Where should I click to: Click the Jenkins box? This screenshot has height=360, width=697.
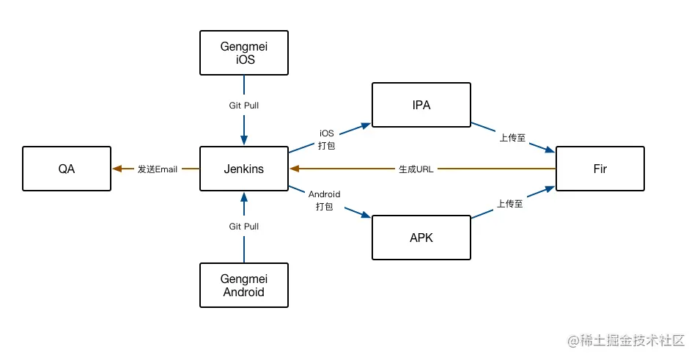click(244, 169)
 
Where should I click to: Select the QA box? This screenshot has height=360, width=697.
click(67, 169)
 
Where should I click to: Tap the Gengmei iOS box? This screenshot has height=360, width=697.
click(244, 53)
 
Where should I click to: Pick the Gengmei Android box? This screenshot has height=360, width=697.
click(244, 285)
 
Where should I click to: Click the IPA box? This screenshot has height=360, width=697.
click(421, 105)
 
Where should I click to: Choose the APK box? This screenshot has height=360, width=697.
click(421, 237)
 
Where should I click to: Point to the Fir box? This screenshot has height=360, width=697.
click(600, 169)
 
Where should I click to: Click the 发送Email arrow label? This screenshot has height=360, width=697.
click(158, 169)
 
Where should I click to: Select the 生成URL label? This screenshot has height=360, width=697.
click(416, 169)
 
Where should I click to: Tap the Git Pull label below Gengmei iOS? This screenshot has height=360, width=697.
click(244, 106)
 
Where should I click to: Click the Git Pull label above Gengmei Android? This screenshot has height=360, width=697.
click(244, 227)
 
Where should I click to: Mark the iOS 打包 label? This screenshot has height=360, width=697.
click(327, 139)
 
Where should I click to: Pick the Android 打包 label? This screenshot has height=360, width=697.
click(324, 200)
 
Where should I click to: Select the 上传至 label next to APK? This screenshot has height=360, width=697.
click(509, 205)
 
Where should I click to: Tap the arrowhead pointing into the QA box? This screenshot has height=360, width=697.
click(117, 169)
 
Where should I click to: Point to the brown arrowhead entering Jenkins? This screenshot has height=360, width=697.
click(295, 169)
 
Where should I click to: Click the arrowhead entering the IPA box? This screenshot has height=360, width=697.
click(366, 125)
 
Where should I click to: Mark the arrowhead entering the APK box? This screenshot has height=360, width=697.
click(366, 215)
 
